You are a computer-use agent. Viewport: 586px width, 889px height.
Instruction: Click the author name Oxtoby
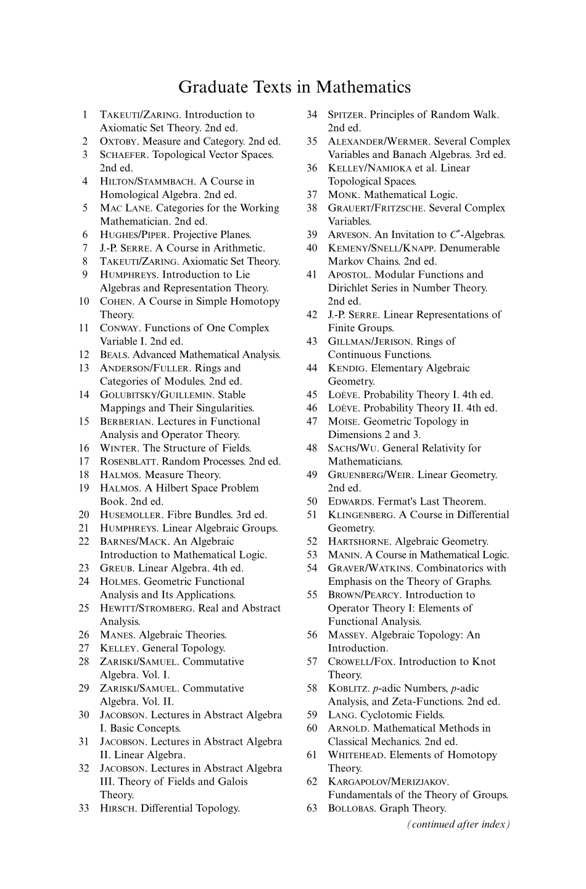tap(118, 141)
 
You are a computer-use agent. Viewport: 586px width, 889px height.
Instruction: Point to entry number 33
tap(85, 808)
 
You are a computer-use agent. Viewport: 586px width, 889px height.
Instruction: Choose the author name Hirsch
tap(118, 808)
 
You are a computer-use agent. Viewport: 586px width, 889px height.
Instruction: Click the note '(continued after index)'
tap(458, 824)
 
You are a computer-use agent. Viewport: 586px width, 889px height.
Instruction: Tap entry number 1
tap(85, 115)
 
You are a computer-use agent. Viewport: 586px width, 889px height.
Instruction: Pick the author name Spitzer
tap(346, 115)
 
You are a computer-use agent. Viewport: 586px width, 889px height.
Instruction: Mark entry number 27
tap(85, 648)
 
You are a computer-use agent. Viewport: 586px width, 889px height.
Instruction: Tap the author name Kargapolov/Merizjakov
tap(389, 782)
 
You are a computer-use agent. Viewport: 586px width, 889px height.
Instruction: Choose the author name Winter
tap(120, 448)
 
